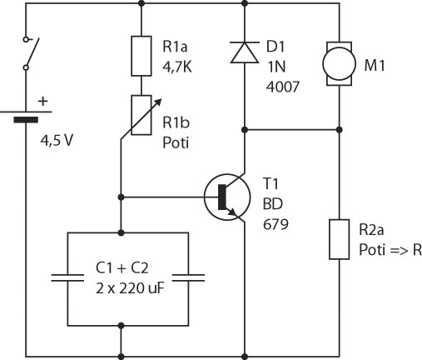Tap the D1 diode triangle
[245, 52]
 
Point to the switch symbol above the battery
[31, 53]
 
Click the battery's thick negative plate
[26, 120]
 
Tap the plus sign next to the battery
[43, 102]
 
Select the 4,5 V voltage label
[57, 141]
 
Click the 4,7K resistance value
[177, 67]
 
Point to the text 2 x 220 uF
[130, 288]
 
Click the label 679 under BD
[276, 224]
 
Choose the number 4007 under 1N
[283, 87]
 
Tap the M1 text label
[375, 66]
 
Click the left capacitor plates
[67, 277]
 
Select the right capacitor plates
[189, 277]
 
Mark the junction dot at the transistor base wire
[121, 197]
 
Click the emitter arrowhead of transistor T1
[232, 212]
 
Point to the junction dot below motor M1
[339, 130]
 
